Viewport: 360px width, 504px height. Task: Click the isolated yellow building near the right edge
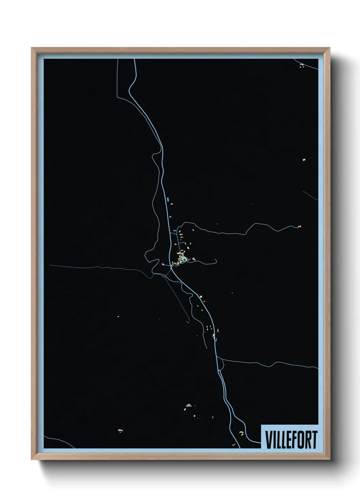point(304,159)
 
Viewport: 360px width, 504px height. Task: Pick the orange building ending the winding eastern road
point(299,226)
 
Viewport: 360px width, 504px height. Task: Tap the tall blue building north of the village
point(168,199)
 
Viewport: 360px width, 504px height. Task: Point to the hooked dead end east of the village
point(215,262)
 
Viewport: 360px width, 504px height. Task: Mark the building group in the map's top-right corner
point(301,65)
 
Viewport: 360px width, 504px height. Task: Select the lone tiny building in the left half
point(118,316)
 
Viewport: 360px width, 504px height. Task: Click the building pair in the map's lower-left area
point(120,431)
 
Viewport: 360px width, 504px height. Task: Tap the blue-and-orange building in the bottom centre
point(189,405)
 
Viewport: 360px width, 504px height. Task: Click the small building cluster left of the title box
point(241,432)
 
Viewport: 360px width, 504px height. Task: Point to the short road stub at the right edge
point(310,195)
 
